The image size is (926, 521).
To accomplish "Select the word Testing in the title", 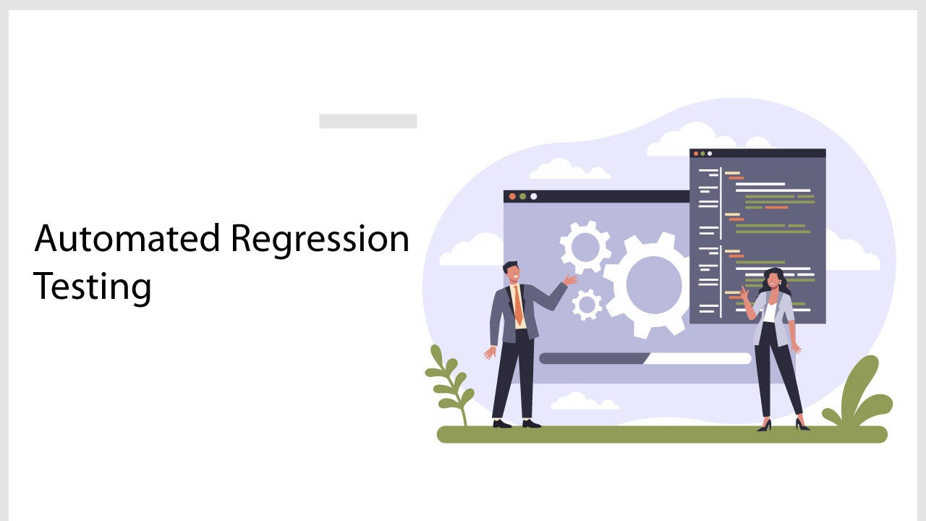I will click(x=93, y=287).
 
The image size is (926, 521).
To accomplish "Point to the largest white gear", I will click(x=653, y=284).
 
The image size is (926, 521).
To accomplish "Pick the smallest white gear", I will click(x=587, y=305).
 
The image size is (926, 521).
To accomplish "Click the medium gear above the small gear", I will click(x=585, y=247).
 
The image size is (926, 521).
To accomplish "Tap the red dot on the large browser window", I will click(x=512, y=196).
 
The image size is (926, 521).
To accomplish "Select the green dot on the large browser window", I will click(x=523, y=196).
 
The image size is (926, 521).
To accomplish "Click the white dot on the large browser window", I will click(x=534, y=196).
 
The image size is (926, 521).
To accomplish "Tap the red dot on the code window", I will click(x=695, y=153).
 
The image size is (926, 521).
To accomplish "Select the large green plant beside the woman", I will click(x=861, y=394).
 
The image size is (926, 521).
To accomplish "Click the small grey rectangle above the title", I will click(x=368, y=121).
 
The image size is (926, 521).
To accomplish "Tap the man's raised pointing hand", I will click(x=571, y=279).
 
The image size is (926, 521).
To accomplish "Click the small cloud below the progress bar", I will click(x=585, y=402).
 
